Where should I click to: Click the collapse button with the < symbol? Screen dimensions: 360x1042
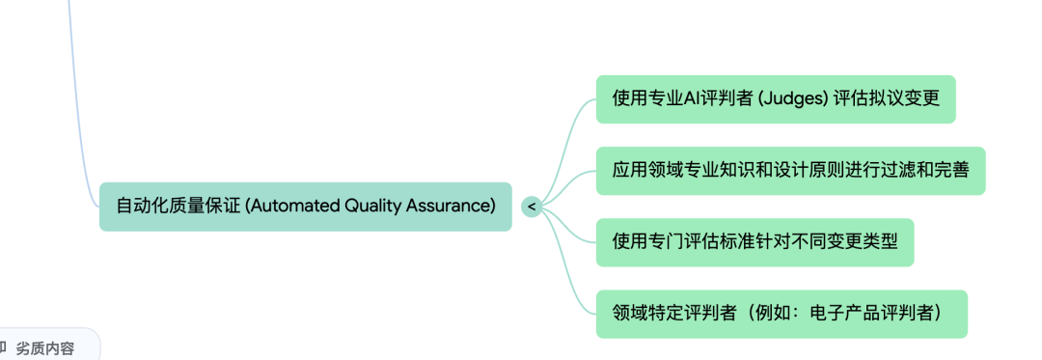coord(531,206)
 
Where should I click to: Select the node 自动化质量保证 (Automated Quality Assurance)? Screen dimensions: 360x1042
coord(305,206)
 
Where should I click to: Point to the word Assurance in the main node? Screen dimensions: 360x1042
coord(453,206)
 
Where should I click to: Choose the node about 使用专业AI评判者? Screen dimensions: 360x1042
coord(775,99)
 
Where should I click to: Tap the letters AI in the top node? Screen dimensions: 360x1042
coord(694,99)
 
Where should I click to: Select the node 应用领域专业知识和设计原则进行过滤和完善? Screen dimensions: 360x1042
coord(790,171)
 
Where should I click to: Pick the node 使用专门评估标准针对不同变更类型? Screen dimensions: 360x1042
coord(754,242)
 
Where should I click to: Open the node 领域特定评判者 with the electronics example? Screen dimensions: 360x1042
coord(781,314)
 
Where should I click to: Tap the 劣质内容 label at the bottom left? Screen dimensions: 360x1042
coord(44,348)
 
